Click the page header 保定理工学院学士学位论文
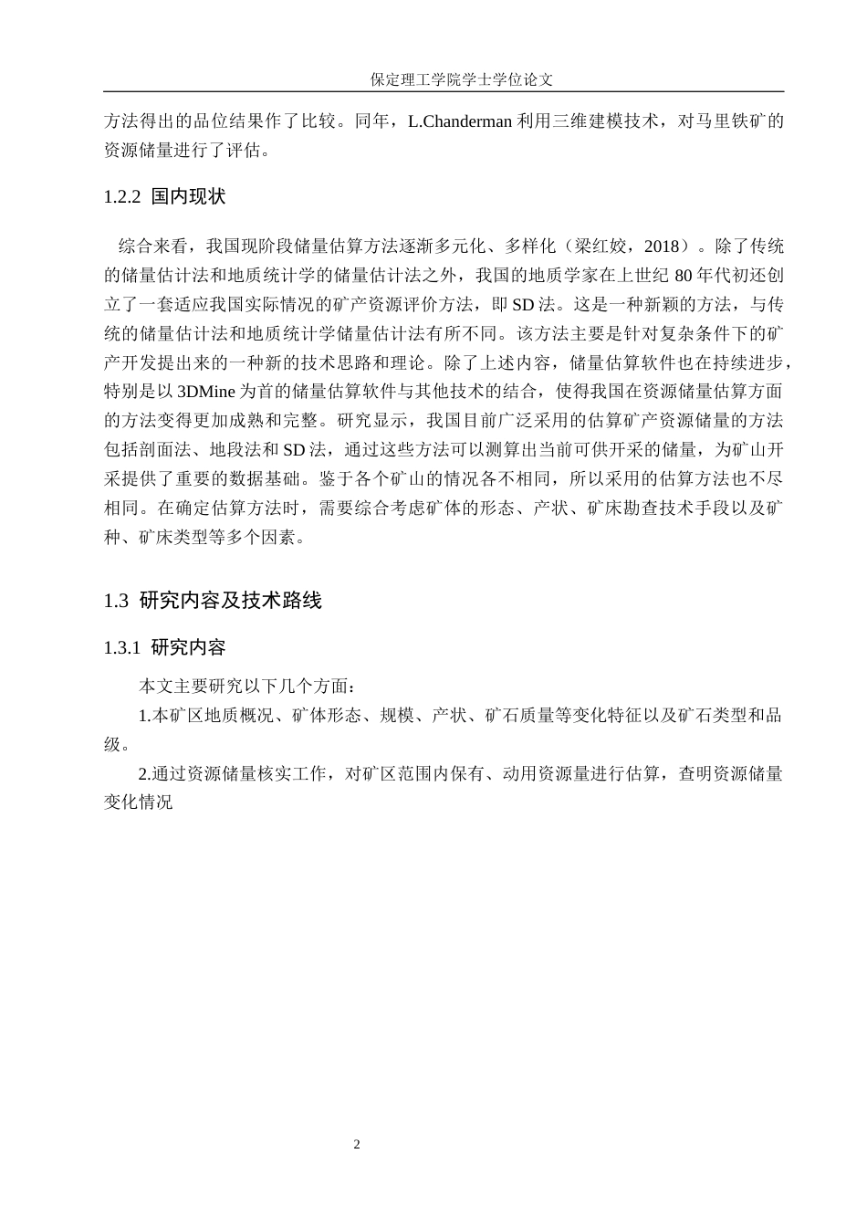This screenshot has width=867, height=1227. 461,79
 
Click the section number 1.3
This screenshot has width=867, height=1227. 116,601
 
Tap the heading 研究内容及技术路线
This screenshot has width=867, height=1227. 231,601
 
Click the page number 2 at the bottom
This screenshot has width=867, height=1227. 357,1145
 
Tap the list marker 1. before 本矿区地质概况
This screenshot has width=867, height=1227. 144,716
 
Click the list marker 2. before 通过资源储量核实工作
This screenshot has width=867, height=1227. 144,774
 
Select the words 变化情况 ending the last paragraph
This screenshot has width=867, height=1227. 139,803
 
